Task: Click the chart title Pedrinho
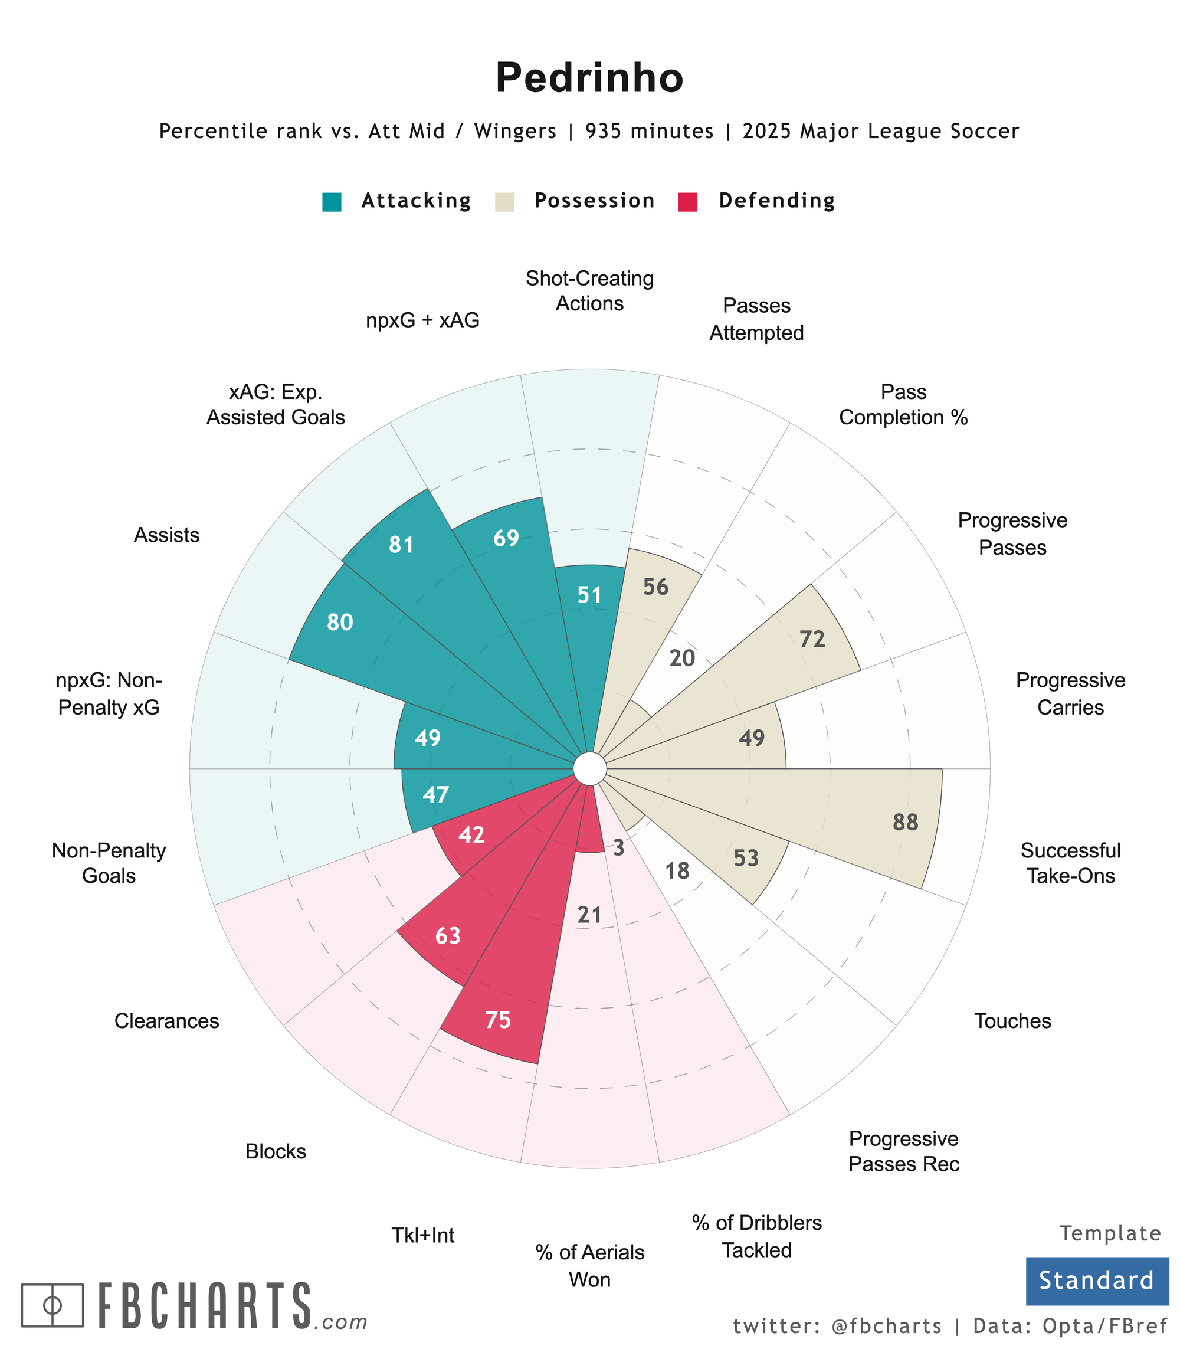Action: (589, 78)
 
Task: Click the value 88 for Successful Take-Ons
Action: (906, 823)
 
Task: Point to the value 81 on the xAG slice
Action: (401, 545)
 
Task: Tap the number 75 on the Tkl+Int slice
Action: (498, 1020)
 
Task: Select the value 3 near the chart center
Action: (618, 849)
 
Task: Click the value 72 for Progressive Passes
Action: (812, 639)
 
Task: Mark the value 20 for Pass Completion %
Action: (682, 658)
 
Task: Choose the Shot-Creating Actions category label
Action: (589, 291)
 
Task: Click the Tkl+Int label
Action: (423, 1236)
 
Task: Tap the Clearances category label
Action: (166, 1021)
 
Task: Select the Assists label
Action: (166, 535)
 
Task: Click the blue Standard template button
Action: (1096, 1281)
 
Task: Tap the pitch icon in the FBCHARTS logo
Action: (53, 1305)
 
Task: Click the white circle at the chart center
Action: (589, 769)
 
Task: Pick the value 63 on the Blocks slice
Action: (448, 936)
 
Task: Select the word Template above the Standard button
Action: (1110, 1234)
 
